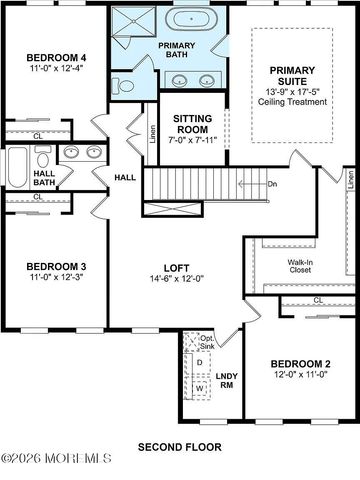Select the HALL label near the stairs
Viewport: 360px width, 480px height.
[126, 177]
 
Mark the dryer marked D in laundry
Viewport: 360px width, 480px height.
[199, 361]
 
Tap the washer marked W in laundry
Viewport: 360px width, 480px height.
[199, 386]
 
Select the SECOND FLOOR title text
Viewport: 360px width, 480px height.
[180, 446]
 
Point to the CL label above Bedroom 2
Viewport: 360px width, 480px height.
[317, 299]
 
